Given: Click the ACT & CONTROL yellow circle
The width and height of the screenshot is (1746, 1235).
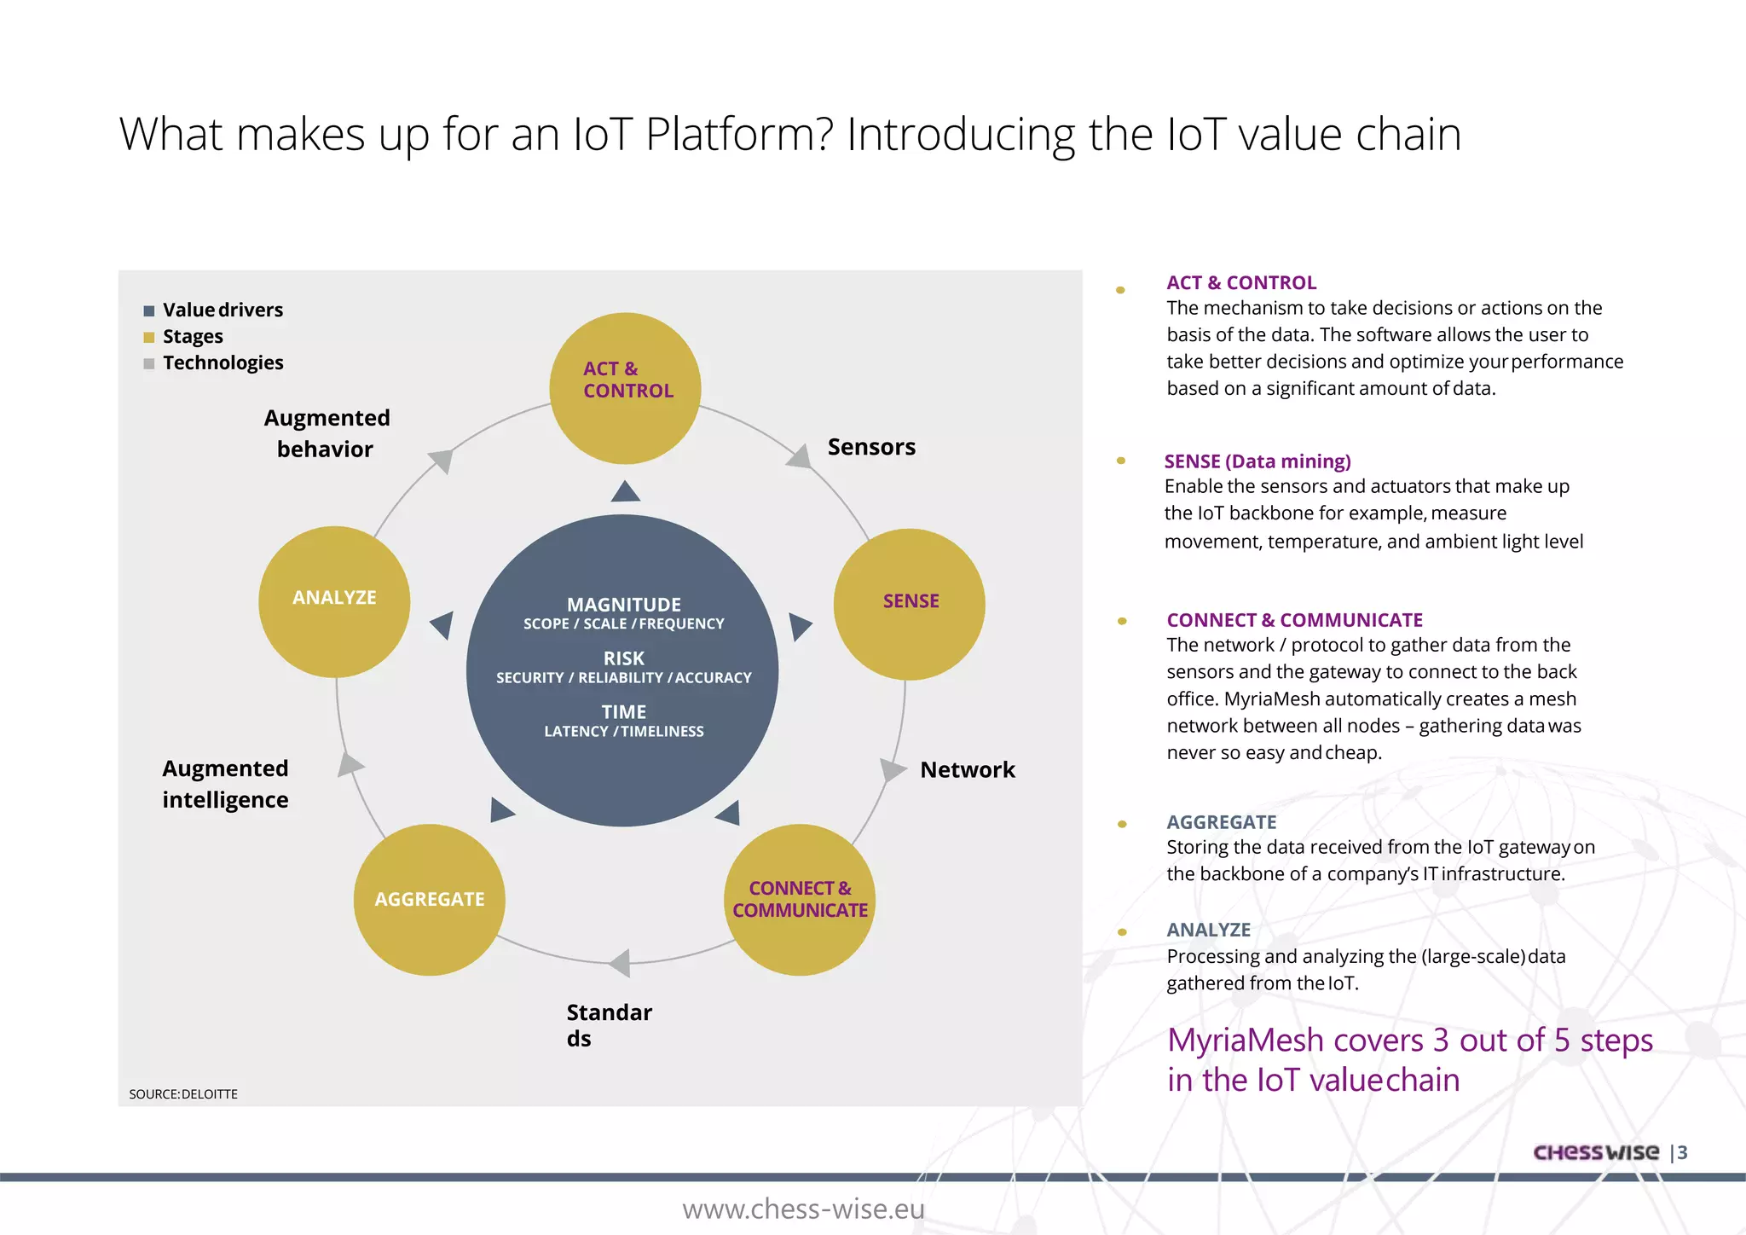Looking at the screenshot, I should click(625, 388).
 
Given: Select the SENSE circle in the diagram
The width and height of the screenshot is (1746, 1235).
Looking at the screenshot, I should click(909, 604).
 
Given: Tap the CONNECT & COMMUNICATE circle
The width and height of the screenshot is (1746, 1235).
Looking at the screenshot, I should click(799, 900).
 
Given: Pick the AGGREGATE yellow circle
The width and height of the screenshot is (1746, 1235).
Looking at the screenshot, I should click(429, 900).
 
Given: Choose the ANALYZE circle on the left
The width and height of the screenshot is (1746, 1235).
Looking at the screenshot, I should click(334, 601).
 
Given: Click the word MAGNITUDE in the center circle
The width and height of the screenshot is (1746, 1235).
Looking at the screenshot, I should click(623, 605).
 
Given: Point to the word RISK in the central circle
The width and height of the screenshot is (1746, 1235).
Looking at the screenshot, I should click(623, 658).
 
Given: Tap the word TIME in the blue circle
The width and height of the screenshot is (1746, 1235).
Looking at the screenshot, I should click(623, 712).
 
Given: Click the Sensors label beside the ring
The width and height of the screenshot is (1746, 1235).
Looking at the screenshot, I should click(870, 447).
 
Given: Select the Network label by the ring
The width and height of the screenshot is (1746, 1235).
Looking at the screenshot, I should click(967, 770).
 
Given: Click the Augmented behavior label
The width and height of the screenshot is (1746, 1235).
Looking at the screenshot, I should click(327, 433).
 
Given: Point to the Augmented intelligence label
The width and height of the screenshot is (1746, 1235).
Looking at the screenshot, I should click(225, 784).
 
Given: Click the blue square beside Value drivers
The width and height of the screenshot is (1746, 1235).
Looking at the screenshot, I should click(149, 310).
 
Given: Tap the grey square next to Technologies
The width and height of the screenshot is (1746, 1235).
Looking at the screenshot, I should click(149, 363).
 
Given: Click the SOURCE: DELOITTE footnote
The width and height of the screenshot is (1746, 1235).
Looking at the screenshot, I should click(183, 1094).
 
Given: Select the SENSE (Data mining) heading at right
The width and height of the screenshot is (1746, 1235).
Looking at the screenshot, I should click(1257, 461).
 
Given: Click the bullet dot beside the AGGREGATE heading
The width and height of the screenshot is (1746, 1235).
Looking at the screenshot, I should click(1122, 824).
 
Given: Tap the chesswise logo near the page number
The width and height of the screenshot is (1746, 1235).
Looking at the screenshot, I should click(1595, 1152).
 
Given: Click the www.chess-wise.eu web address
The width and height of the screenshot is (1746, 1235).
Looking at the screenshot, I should click(802, 1209).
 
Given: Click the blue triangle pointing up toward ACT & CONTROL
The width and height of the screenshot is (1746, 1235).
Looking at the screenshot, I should click(626, 492).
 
